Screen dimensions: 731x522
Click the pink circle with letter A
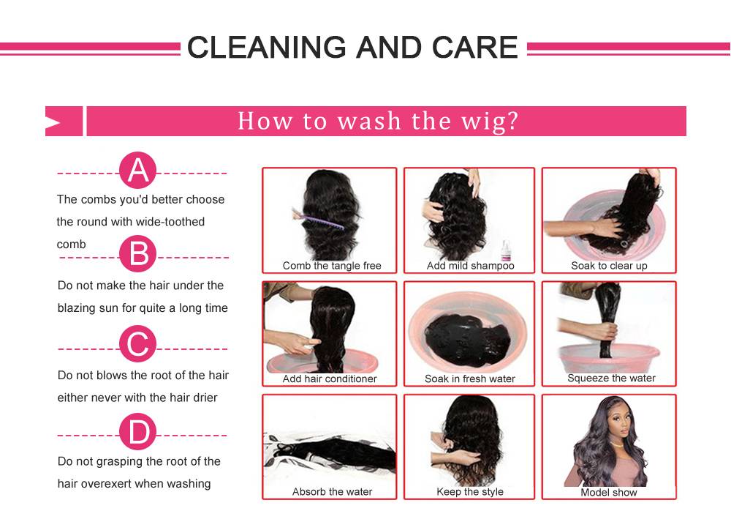point(137,170)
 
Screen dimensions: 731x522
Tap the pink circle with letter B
point(137,253)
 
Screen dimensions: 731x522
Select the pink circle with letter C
point(137,344)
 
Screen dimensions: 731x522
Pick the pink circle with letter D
point(137,431)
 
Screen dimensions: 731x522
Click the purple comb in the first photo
point(319,220)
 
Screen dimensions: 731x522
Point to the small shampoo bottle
point(505,250)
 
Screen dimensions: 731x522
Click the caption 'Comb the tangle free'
point(332,266)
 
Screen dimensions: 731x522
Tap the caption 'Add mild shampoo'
point(470,266)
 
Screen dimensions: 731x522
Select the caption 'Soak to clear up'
point(610,266)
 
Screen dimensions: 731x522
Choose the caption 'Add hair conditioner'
point(330,379)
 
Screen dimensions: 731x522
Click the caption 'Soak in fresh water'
point(470,379)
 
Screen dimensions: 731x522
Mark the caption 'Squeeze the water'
point(612,379)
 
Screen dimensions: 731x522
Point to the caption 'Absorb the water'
point(333,492)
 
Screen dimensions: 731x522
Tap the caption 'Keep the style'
point(470,492)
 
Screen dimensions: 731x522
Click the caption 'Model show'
point(609,492)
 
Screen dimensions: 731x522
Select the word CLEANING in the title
point(267,47)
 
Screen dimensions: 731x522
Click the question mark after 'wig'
point(512,121)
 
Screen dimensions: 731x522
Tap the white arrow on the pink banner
point(53,122)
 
